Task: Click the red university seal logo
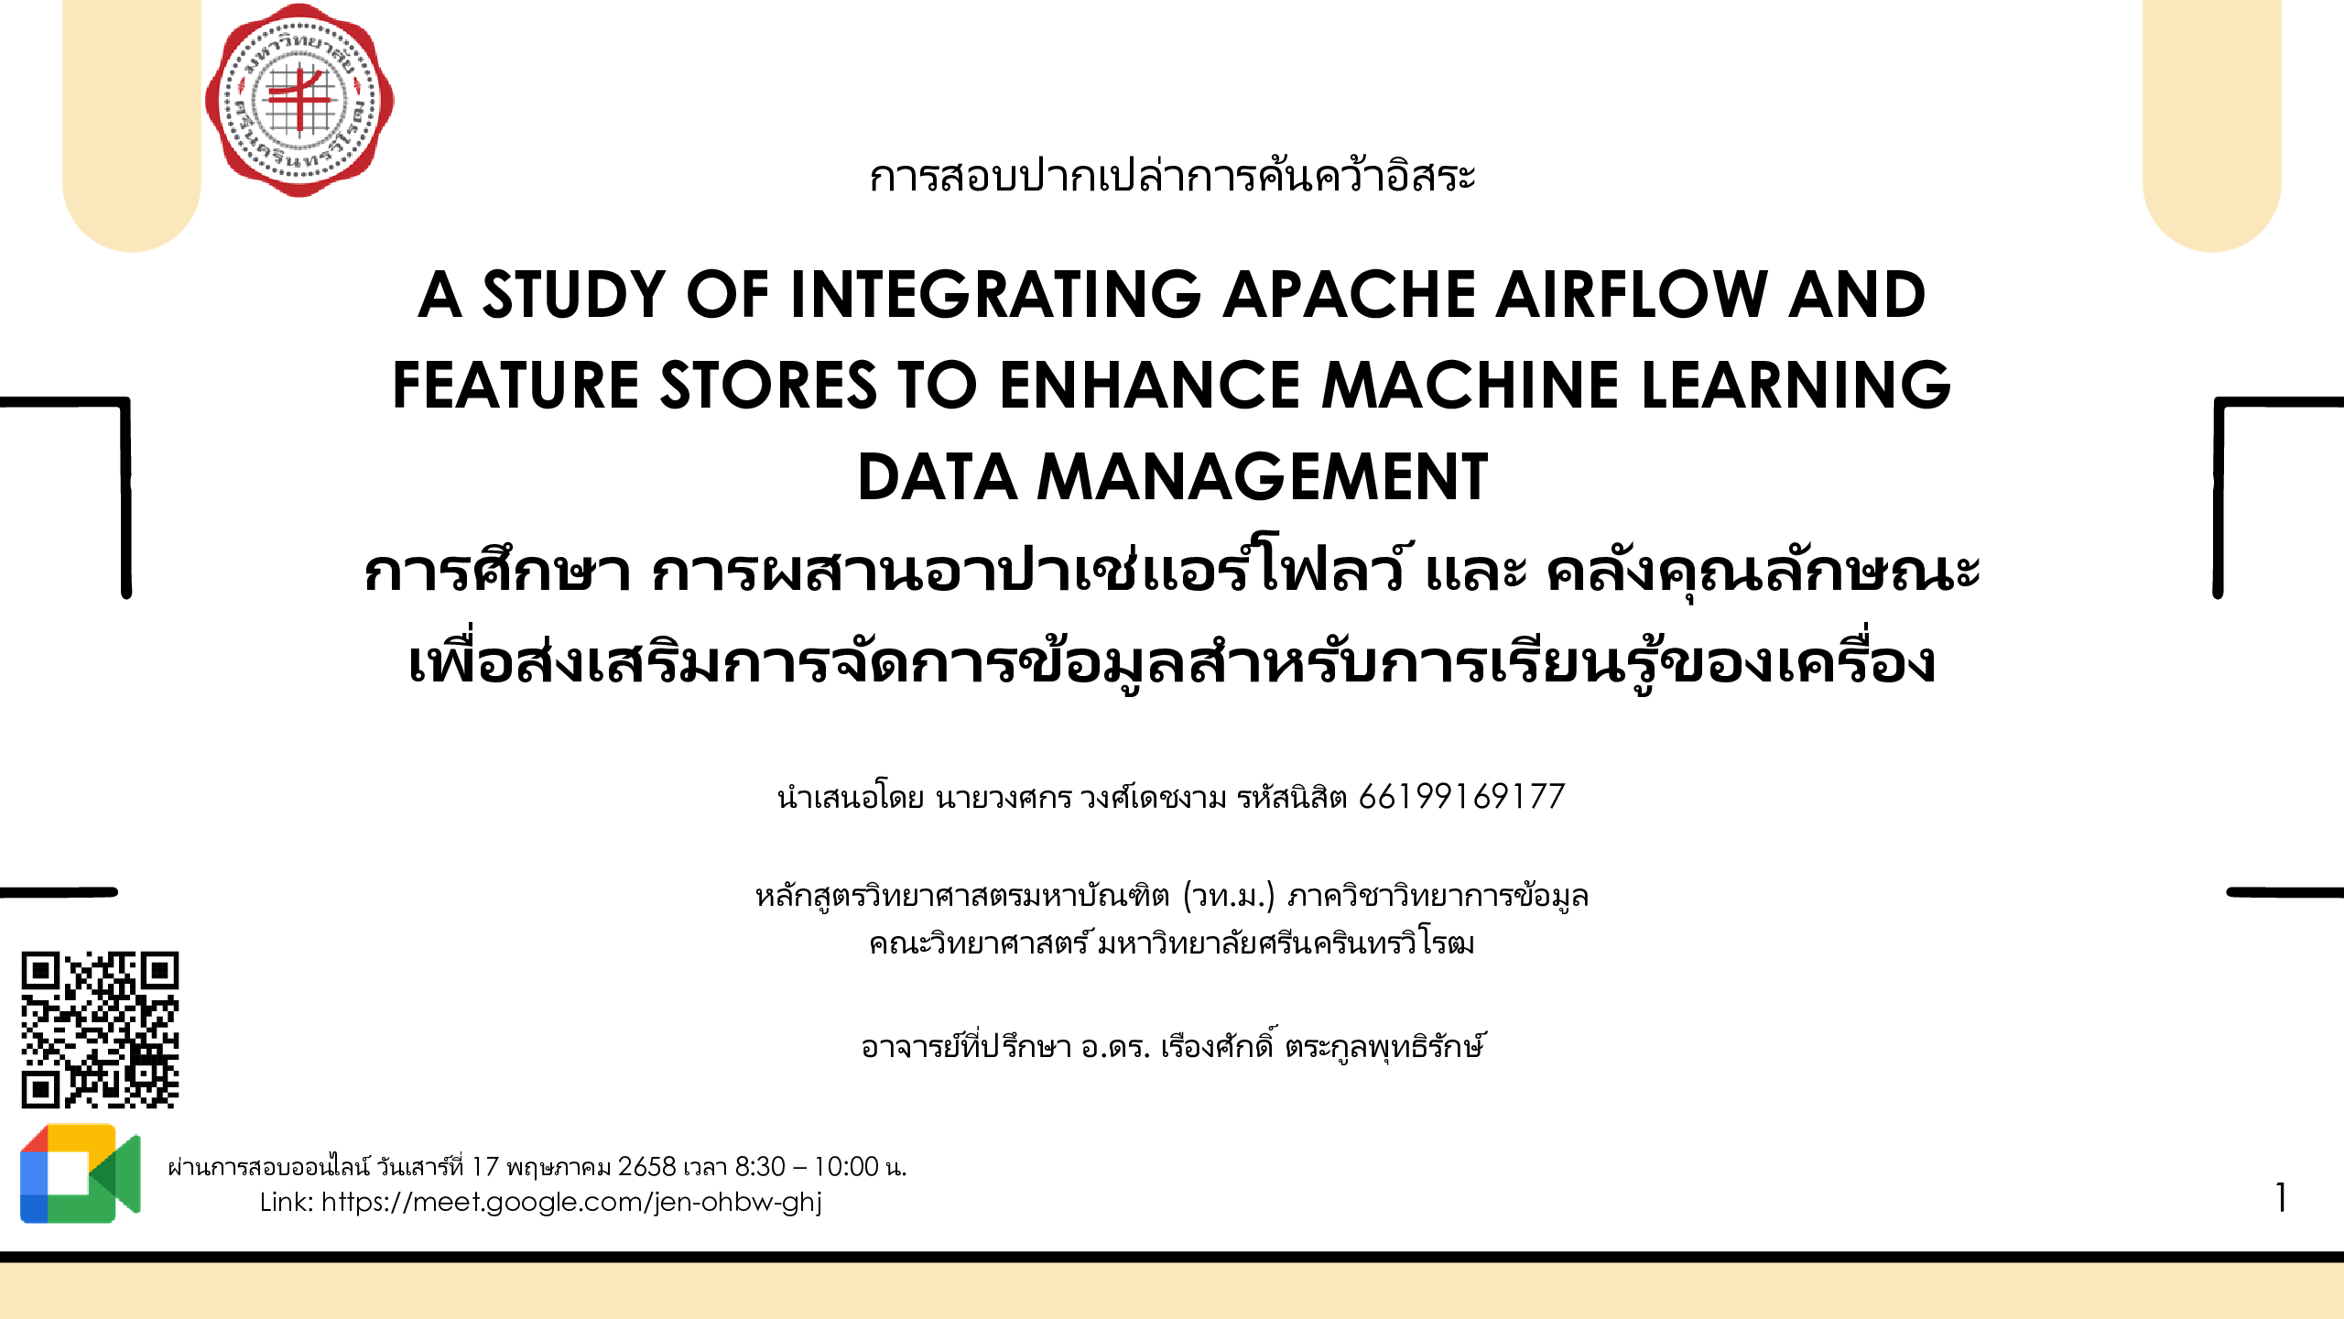299,100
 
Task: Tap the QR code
100,1030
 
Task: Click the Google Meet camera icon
81,1173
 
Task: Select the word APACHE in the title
1348,295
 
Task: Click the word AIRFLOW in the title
1631,295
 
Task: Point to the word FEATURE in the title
515,385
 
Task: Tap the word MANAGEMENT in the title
1262,477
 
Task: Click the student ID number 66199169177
1461,797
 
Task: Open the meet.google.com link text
571,1202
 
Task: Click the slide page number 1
2281,1198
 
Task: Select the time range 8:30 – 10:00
807,1167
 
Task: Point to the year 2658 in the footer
646,1167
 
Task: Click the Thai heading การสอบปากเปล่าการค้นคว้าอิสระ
1172,175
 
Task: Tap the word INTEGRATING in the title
995,295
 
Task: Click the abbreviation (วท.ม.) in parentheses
1229,895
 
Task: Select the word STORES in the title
768,385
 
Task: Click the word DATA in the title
936,477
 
